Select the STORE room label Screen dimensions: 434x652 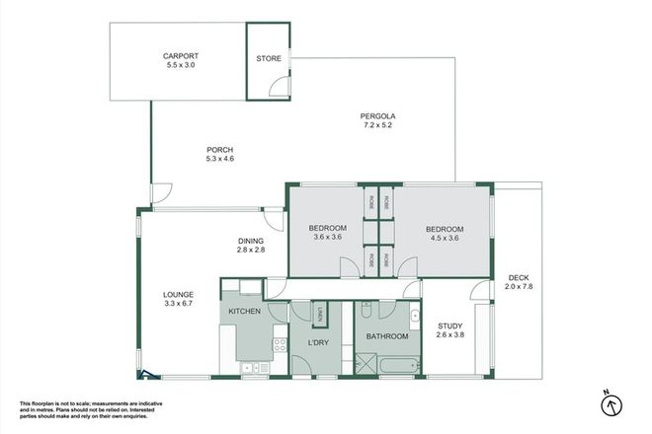tap(270, 59)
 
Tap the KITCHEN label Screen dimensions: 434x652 tap(244, 312)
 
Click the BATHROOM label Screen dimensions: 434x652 tap(387, 336)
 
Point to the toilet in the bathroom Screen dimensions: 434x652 tap(366, 312)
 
